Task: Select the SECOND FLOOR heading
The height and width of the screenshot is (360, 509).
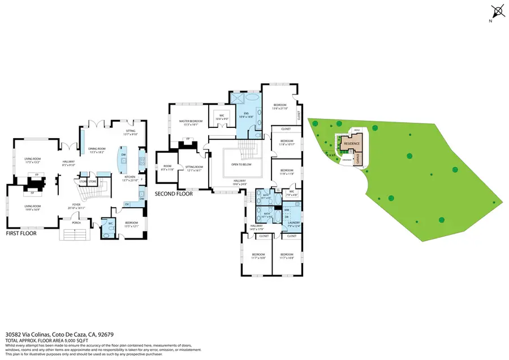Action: [x=174, y=194]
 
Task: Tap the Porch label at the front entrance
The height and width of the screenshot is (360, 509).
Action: [x=76, y=222]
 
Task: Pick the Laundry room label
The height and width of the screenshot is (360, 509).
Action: [x=293, y=224]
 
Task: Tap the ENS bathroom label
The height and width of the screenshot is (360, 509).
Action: [x=246, y=115]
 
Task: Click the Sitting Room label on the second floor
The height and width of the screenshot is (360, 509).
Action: [x=194, y=168]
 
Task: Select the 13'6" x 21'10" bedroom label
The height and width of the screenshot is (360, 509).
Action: [x=281, y=106]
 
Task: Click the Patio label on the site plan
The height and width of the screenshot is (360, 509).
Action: [x=357, y=130]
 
